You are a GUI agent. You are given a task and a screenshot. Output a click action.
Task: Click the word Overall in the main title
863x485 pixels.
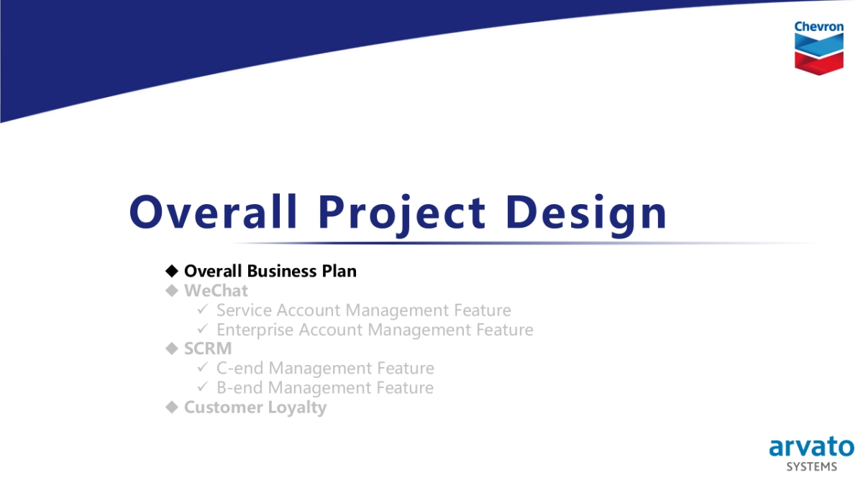pos(213,212)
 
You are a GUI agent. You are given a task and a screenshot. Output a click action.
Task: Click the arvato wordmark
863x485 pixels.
pos(811,447)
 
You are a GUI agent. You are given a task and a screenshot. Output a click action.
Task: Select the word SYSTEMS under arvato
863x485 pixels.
pos(811,467)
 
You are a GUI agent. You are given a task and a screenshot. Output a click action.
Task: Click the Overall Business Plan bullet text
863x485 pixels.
pos(270,271)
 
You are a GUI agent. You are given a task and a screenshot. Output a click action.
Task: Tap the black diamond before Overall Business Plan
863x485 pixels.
pos(171,271)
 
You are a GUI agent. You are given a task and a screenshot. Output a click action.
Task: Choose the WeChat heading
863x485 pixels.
pos(216,290)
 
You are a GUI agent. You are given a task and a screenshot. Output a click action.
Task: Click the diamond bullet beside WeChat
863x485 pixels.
pos(171,290)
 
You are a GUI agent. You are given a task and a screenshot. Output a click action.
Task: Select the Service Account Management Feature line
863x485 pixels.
pos(363,310)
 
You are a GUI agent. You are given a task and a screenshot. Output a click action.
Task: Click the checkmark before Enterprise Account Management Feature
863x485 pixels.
pos(203,329)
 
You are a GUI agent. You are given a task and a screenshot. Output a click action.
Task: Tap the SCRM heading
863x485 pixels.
pos(208,348)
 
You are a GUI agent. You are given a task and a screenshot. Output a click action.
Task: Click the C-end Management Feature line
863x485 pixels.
pos(325,368)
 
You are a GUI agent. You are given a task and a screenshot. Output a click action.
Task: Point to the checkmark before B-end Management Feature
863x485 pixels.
pos(203,387)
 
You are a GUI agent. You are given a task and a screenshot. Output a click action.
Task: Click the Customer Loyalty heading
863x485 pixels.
pos(255,407)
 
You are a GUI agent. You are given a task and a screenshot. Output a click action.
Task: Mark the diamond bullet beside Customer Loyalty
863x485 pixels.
pos(171,407)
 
